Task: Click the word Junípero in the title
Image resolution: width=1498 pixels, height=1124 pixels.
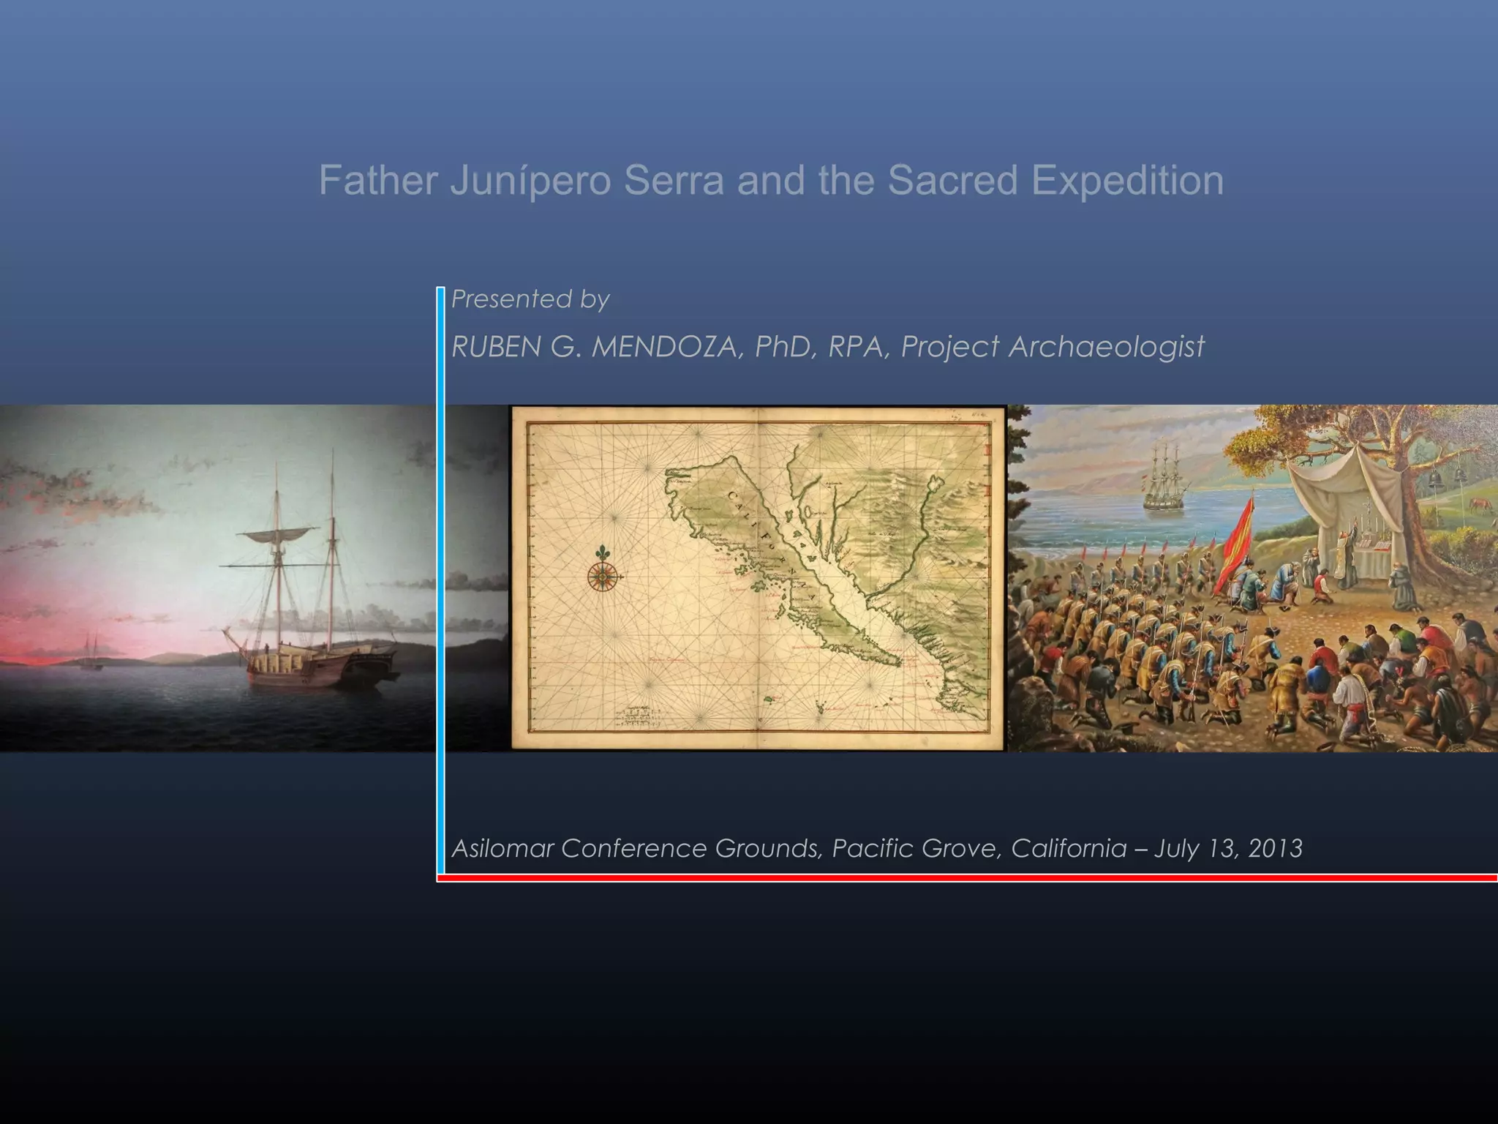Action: coord(530,181)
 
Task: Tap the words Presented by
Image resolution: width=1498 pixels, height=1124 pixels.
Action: coord(530,299)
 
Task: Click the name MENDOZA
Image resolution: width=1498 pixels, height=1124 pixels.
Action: coord(667,347)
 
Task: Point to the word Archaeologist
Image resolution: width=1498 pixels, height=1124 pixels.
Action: coord(1106,347)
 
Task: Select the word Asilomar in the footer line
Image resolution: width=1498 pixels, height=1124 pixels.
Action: coord(503,848)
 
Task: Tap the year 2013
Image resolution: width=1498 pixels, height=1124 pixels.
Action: coord(1275,848)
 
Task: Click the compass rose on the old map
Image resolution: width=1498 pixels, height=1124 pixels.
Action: coord(602,577)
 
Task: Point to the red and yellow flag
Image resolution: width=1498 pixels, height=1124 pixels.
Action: coord(1235,542)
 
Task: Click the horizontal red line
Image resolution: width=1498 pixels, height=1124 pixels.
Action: coord(966,877)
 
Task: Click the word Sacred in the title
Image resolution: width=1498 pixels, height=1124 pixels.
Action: coord(952,181)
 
